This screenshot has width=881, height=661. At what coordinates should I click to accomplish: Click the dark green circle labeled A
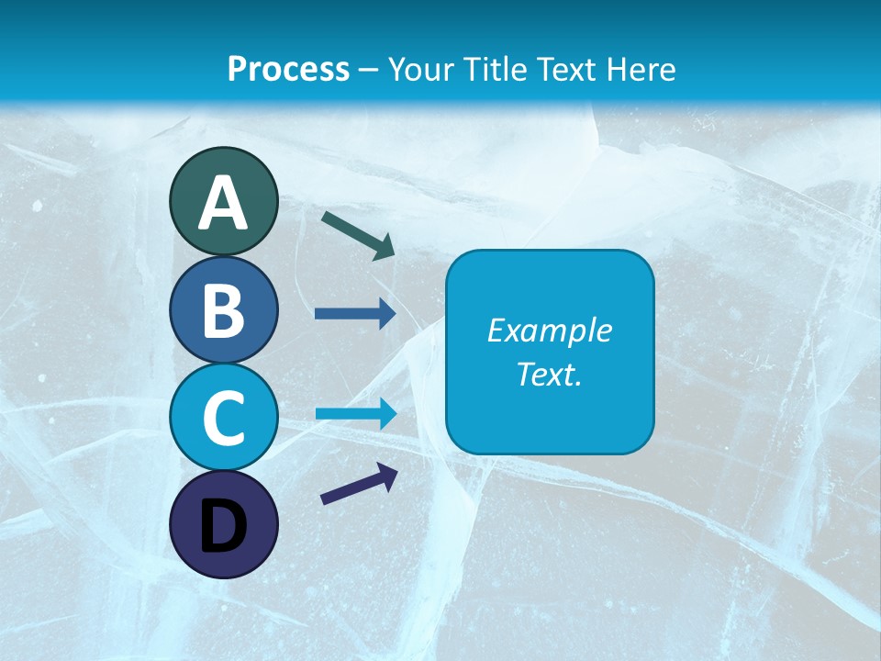tap(223, 201)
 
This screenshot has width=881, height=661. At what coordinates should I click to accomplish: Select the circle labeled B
tap(223, 309)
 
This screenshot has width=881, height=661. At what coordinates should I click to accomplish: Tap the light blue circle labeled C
tap(223, 417)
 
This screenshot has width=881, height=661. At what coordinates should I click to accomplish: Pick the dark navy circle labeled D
tap(223, 524)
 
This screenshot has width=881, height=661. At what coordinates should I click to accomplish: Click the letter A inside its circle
tap(223, 203)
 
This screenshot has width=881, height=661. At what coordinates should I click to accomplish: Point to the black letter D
tap(223, 526)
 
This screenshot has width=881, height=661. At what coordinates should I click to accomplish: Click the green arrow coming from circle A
tap(358, 234)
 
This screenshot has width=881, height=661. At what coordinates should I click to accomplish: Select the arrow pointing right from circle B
tap(355, 314)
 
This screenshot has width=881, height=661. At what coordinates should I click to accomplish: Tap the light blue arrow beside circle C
tap(355, 413)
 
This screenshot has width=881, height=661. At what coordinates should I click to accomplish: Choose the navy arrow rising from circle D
tap(359, 484)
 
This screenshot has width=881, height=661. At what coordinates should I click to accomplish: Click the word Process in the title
tap(288, 69)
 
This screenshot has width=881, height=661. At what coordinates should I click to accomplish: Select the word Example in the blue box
tap(549, 330)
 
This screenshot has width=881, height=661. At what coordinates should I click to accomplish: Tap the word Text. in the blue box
tap(549, 375)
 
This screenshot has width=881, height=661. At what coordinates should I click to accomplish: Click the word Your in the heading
tap(420, 69)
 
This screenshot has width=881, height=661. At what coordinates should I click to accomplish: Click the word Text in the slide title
tap(567, 69)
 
